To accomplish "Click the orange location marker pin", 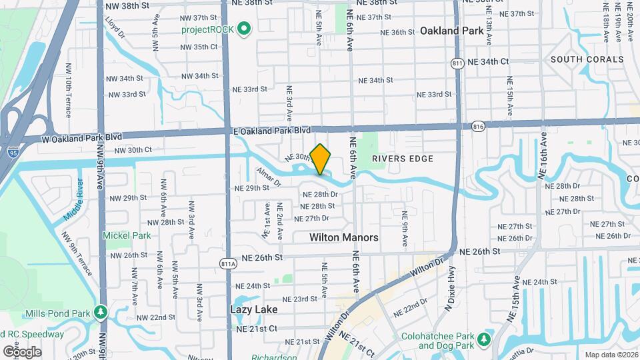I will pyautogui.click(x=321, y=159).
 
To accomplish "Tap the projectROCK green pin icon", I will pyautogui.click(x=244, y=29).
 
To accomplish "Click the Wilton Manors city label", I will pyautogui.click(x=344, y=237).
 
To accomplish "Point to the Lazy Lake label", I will pyautogui.click(x=253, y=309).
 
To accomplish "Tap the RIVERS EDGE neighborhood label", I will pyautogui.click(x=403, y=159).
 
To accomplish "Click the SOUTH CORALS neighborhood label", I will pyautogui.click(x=587, y=59).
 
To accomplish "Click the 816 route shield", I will pyautogui.click(x=477, y=125).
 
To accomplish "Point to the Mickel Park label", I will pyautogui.click(x=127, y=235).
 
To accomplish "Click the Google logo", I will pyautogui.click(x=22, y=351).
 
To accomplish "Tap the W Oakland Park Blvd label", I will pyautogui.click(x=83, y=137).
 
